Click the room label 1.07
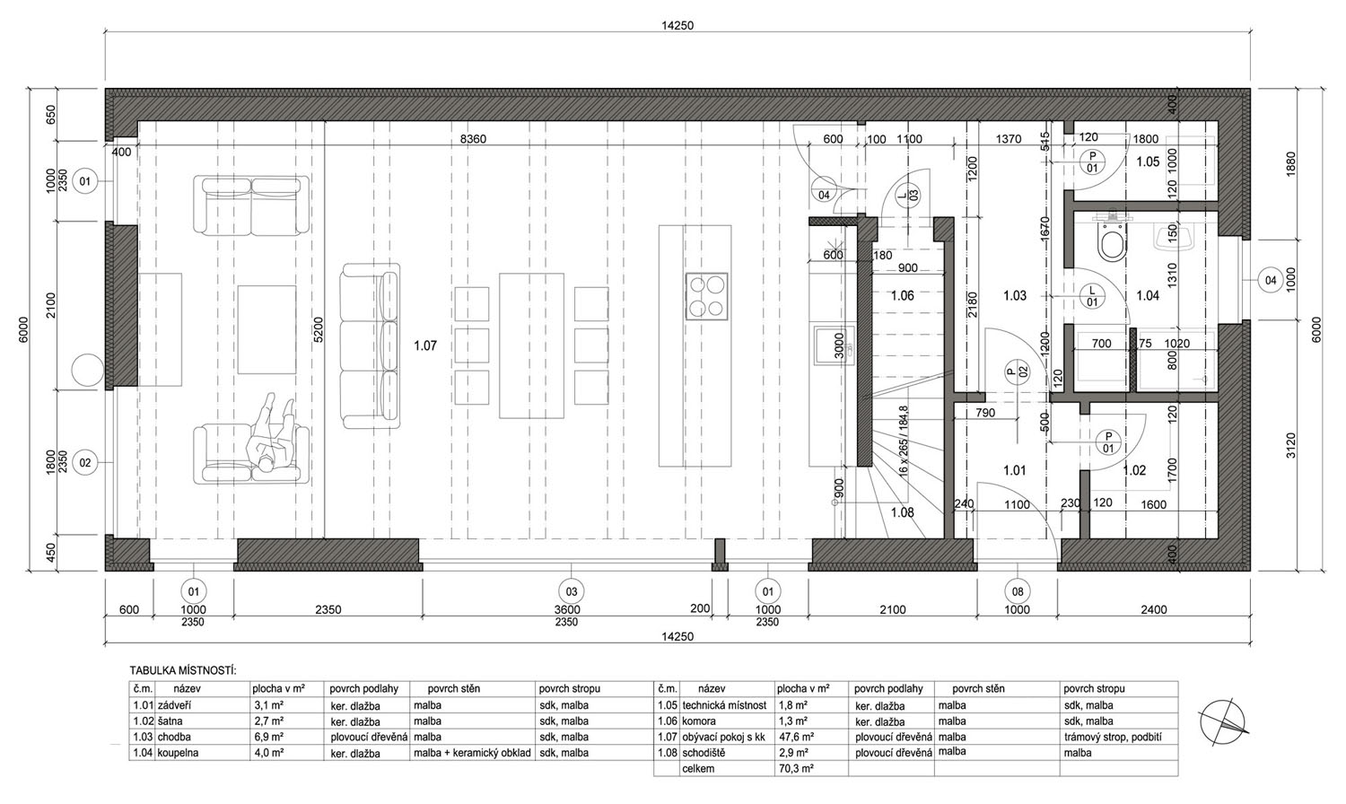(x=424, y=345)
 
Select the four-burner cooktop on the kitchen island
(x=707, y=296)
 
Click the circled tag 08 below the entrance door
(x=1018, y=592)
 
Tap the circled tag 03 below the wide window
(x=571, y=592)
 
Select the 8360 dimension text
(x=473, y=139)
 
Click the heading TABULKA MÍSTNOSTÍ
(x=183, y=670)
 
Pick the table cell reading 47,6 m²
(x=796, y=737)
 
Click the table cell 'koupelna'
(x=178, y=752)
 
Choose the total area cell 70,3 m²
(x=796, y=768)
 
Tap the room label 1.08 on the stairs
(x=902, y=512)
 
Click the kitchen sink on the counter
(x=835, y=345)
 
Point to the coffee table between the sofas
(x=267, y=329)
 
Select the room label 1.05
(x=1148, y=162)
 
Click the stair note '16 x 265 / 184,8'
(x=904, y=441)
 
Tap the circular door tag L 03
(x=907, y=196)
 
